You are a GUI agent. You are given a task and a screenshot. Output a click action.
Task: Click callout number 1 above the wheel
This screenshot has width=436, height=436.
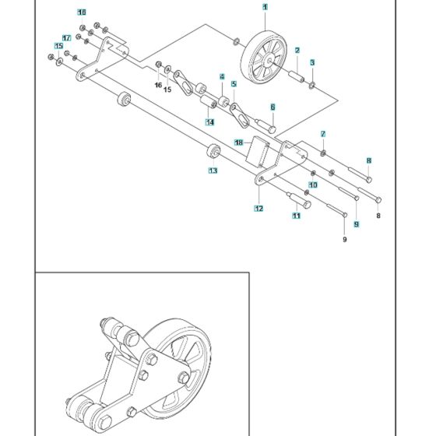tap(265, 7)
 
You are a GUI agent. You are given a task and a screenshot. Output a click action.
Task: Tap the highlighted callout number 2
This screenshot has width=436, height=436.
tap(297, 51)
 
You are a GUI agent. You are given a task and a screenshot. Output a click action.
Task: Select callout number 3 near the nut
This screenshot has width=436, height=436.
tap(312, 62)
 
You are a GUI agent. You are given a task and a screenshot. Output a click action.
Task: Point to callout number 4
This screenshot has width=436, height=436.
tap(222, 77)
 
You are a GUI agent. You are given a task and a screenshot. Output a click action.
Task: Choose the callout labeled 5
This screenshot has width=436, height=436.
tap(233, 83)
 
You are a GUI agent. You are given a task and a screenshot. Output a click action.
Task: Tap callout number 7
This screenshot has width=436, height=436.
tap(323, 135)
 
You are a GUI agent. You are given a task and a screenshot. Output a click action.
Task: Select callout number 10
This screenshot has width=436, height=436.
tap(312, 185)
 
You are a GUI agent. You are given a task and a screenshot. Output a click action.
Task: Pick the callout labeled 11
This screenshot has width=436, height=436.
tap(296, 216)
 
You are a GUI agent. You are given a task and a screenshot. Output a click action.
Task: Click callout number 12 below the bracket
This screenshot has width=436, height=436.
tap(258, 209)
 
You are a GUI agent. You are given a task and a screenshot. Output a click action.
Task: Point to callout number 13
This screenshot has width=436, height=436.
tap(212, 170)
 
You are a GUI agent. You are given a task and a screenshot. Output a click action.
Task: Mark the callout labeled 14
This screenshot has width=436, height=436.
tap(209, 122)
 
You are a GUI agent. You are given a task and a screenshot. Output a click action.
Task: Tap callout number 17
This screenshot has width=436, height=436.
tap(67, 37)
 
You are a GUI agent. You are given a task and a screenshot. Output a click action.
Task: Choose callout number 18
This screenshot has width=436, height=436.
tap(240, 142)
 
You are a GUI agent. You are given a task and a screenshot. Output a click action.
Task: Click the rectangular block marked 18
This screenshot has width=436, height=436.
tap(258, 153)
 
